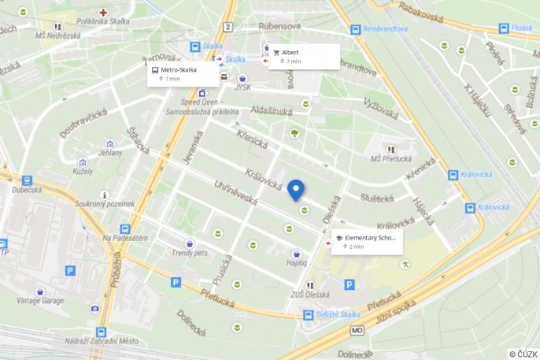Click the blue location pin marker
[x=296, y=191]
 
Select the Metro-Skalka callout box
[x=183, y=73]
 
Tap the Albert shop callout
[x=304, y=56]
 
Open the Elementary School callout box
[x=367, y=241]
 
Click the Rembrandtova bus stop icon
[x=356, y=29]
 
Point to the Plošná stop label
[x=521, y=27]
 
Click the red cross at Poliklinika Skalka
[x=103, y=13]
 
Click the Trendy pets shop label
[x=189, y=253]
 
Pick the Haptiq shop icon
[x=297, y=254]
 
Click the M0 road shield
[x=357, y=330]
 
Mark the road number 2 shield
[x=227, y=27]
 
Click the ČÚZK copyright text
[x=523, y=354]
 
